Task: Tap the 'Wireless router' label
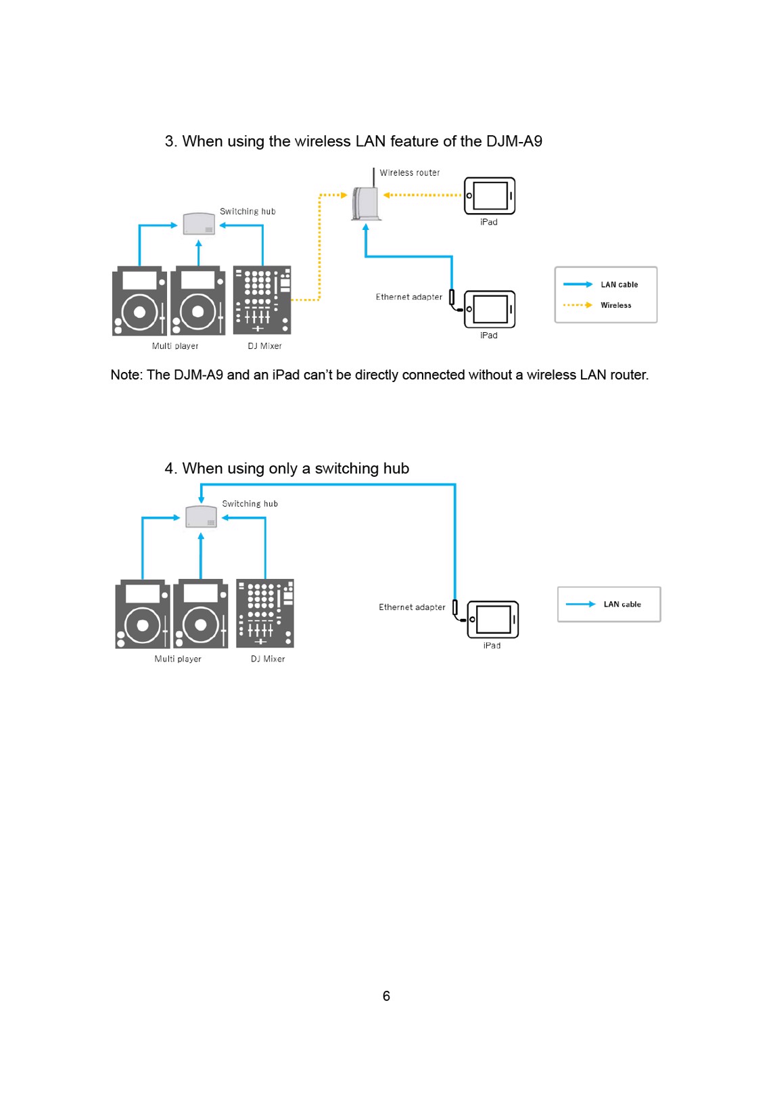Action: [409, 172]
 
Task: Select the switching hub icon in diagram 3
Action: [199, 223]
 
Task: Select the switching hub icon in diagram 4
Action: [201, 516]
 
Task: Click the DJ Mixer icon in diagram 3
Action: [262, 300]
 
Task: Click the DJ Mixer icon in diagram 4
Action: [265, 613]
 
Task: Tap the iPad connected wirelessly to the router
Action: [490, 195]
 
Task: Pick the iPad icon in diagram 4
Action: [492, 619]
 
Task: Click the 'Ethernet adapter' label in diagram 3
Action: [408, 297]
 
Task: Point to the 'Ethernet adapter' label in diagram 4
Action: [412, 607]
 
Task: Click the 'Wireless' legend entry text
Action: [616, 305]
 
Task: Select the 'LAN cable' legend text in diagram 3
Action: [619, 285]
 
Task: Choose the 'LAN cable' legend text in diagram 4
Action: [622, 604]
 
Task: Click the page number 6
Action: [387, 996]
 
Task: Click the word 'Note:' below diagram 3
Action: [127, 375]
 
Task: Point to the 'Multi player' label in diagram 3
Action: [175, 346]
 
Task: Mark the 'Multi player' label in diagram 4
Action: [178, 659]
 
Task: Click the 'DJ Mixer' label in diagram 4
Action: [268, 659]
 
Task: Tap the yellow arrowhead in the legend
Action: [589, 305]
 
